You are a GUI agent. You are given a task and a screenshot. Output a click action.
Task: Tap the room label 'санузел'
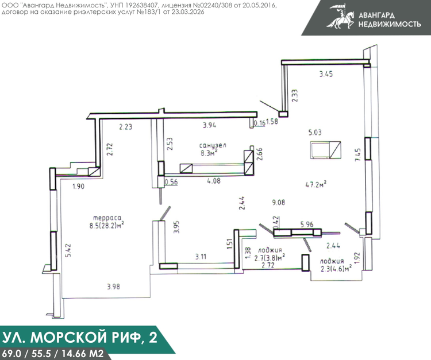(x=213, y=145)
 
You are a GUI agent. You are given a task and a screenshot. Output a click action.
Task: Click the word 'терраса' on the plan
(x=107, y=218)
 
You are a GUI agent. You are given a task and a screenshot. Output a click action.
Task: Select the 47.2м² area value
(x=316, y=184)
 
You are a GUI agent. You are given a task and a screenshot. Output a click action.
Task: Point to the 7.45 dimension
(x=358, y=154)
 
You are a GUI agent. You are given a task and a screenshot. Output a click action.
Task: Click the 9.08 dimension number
(x=279, y=202)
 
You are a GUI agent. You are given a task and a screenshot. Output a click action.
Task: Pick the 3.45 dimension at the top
(x=326, y=74)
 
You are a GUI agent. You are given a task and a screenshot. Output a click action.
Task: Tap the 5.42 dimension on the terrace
(x=68, y=250)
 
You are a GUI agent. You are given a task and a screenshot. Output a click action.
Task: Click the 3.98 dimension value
(x=113, y=287)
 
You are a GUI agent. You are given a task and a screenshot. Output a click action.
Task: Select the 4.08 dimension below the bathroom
(x=214, y=181)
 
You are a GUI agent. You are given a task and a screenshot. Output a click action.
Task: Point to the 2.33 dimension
(x=295, y=96)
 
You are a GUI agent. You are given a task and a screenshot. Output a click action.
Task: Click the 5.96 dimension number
(x=307, y=224)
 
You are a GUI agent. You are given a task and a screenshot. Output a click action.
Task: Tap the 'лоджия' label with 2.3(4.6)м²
(x=332, y=261)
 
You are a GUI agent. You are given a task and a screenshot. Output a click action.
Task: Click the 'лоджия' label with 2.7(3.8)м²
(x=270, y=250)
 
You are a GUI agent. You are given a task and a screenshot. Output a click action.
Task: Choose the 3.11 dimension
(x=201, y=257)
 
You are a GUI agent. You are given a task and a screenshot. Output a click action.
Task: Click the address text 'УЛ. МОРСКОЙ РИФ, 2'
(x=80, y=337)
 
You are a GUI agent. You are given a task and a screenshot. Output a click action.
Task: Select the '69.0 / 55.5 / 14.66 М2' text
(x=52, y=353)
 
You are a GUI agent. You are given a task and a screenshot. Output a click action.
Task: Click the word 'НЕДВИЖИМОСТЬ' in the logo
(x=390, y=24)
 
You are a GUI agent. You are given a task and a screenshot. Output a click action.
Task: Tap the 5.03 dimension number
(x=315, y=133)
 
